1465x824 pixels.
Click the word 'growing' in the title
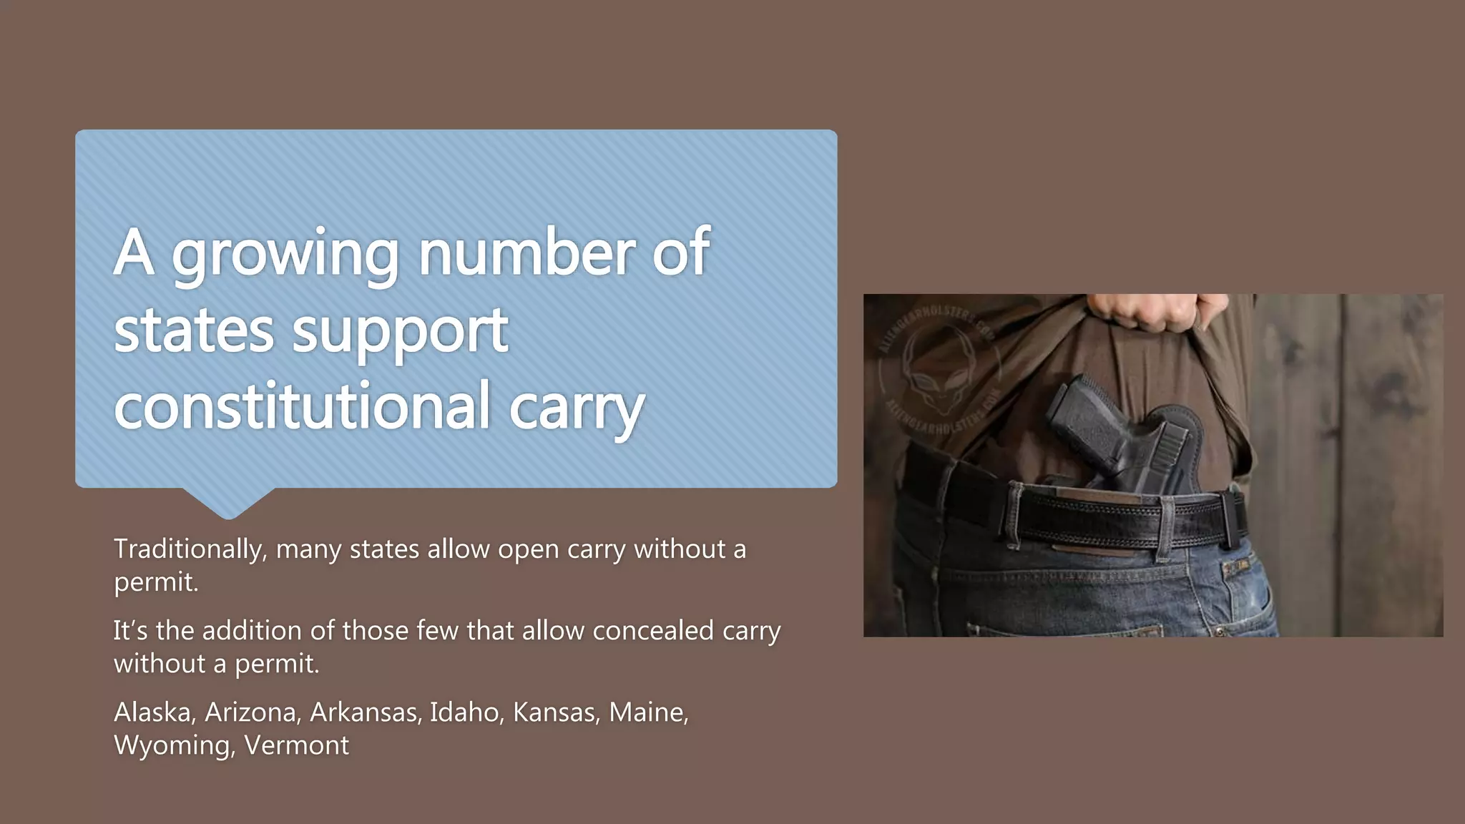(285, 255)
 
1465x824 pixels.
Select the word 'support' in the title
(400, 332)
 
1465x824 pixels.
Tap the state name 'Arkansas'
(365, 712)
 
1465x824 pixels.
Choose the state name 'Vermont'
(297, 745)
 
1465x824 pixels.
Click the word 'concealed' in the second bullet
(652, 631)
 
